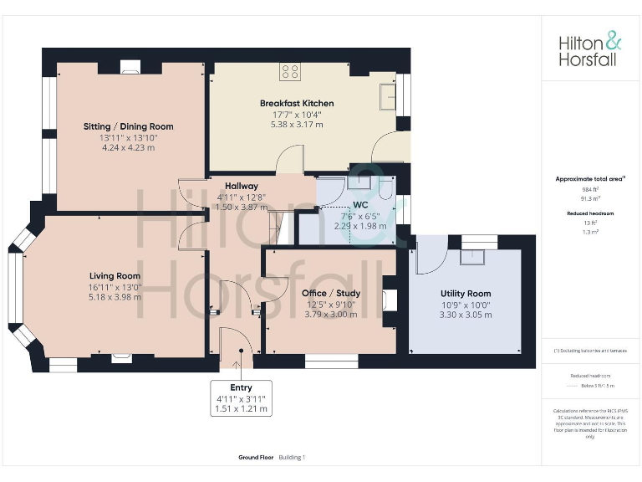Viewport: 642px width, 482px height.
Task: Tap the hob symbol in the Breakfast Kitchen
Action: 290,73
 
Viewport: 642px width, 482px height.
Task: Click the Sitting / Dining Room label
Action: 128,126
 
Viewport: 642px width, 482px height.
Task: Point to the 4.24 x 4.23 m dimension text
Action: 128,147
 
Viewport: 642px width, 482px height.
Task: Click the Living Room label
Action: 115,276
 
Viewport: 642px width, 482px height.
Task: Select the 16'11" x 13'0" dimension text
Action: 115,286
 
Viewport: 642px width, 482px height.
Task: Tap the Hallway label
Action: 241,186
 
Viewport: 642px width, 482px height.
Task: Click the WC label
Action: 361,204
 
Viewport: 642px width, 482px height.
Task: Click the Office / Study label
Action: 330,294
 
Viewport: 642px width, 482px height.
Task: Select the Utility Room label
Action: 466,294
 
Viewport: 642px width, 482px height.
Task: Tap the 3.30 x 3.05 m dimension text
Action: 466,315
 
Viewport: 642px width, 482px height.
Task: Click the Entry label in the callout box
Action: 241,387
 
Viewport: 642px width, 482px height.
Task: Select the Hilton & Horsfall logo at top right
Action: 590,49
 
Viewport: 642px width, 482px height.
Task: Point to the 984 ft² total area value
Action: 590,189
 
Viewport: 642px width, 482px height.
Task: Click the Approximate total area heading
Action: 590,179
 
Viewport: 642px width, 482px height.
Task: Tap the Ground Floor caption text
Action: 255,458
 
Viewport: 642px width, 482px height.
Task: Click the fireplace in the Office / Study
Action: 389,299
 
